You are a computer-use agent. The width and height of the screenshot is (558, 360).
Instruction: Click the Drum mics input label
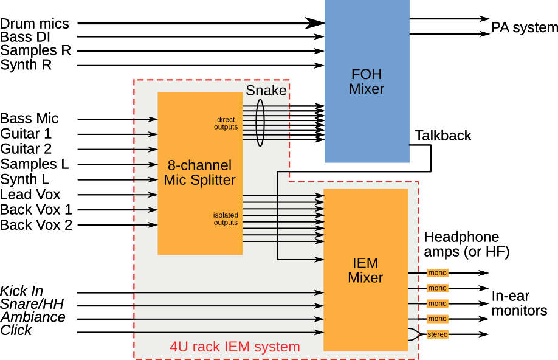tap(35, 24)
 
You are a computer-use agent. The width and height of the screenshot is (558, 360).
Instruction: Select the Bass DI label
tap(25, 37)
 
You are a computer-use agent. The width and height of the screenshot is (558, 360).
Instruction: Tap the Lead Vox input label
tap(30, 195)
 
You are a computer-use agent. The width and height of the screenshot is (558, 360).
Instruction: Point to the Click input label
tap(16, 330)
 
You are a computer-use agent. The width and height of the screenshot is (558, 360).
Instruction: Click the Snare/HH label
tap(32, 304)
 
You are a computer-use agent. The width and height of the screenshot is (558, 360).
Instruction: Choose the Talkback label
tap(443, 136)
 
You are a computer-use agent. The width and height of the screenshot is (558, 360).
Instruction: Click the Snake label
tap(266, 91)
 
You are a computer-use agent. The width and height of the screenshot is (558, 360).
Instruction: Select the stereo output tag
tap(438, 334)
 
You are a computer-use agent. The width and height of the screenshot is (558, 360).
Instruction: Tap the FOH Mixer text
tap(367, 81)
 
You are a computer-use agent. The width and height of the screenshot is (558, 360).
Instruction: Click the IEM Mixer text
tap(365, 270)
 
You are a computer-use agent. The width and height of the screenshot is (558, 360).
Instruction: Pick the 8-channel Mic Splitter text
tap(199, 173)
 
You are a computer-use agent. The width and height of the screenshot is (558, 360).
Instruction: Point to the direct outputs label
tap(226, 123)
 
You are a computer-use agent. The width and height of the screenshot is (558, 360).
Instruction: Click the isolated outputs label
tap(226, 219)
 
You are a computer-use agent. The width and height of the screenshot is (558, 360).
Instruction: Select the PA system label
tap(525, 27)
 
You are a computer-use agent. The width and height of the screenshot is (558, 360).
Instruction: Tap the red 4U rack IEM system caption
tap(235, 347)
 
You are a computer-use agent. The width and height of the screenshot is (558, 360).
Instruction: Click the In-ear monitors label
tap(519, 303)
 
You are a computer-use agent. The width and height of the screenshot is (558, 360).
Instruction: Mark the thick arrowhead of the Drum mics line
tap(315, 23)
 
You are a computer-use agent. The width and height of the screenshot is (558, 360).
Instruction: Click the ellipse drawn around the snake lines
tap(260, 99)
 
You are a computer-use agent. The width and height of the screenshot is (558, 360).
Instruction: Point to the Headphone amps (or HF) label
tap(467, 244)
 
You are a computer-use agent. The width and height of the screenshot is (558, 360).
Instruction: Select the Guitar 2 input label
tap(26, 149)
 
